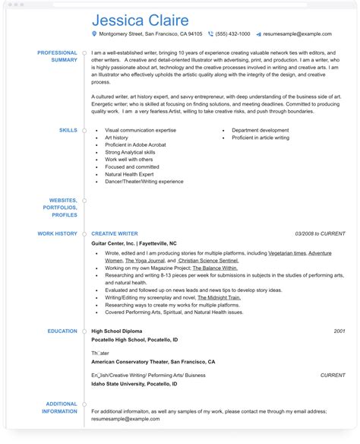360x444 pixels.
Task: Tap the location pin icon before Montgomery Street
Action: [x=94, y=34]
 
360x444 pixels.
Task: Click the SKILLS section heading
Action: [x=68, y=130]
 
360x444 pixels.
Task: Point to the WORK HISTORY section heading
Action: [x=57, y=233]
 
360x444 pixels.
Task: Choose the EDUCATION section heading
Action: [x=61, y=331]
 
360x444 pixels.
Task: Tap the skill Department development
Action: [x=260, y=130]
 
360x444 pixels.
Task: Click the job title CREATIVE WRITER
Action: [x=115, y=233]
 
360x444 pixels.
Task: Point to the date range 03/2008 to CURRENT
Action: [x=320, y=233]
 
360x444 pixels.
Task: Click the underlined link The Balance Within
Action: [x=210, y=268]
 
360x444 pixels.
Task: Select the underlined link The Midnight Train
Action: [x=218, y=297]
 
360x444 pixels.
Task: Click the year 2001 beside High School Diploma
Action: [x=339, y=331]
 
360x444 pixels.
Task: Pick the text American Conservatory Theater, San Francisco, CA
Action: [x=153, y=362]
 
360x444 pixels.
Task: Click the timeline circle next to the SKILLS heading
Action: [x=84, y=130]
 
